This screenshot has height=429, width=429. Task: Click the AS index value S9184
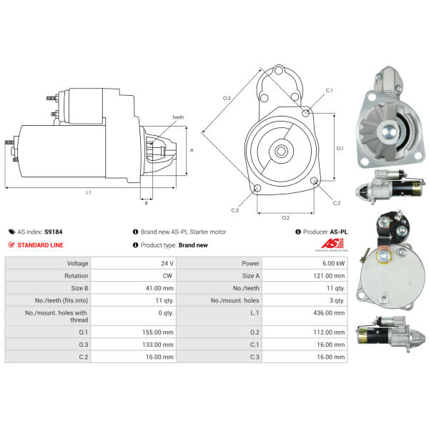tap(54, 232)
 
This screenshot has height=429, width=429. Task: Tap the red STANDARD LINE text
tap(40, 245)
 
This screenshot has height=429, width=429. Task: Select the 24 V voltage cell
tap(167, 263)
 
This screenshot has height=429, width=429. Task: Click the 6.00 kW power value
tap(333, 263)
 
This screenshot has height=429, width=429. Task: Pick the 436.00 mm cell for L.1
tap(329, 312)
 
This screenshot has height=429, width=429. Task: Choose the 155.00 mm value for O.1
tap(158, 332)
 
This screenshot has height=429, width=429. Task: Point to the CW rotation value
tap(167, 276)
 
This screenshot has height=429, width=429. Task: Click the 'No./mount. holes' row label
tap(235, 300)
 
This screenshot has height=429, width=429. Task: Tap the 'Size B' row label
tap(79, 288)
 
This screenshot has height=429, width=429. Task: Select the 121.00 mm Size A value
tap(329, 276)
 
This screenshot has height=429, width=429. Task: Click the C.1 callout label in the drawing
tap(329, 91)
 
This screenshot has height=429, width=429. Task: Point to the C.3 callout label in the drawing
tap(235, 210)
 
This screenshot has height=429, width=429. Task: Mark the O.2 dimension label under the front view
tap(285, 218)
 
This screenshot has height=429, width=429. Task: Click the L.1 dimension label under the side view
tap(89, 192)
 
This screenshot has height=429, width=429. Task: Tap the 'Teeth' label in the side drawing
tap(178, 117)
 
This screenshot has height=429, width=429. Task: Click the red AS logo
tap(332, 243)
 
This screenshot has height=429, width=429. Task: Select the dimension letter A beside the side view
tap(192, 150)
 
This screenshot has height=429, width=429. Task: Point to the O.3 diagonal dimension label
tap(227, 98)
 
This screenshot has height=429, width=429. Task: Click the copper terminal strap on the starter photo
tap(385, 253)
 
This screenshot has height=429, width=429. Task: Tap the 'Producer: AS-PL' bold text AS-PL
tap(339, 232)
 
